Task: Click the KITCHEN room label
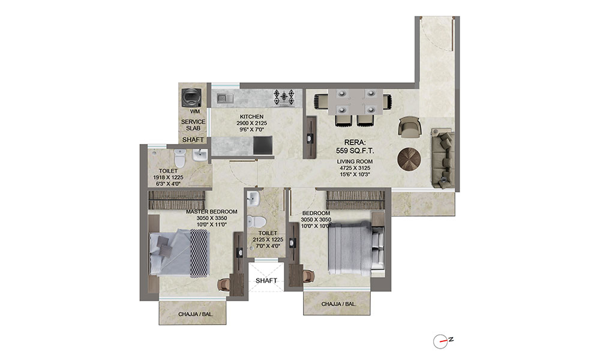(252, 116)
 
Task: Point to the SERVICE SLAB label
(193, 125)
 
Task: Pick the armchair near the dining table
(410, 127)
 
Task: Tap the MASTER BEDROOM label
(212, 212)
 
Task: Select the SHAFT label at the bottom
(266, 281)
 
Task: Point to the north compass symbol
(442, 340)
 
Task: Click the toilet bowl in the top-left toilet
(178, 160)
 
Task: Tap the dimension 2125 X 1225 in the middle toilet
(268, 239)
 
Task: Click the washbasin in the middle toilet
(254, 199)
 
